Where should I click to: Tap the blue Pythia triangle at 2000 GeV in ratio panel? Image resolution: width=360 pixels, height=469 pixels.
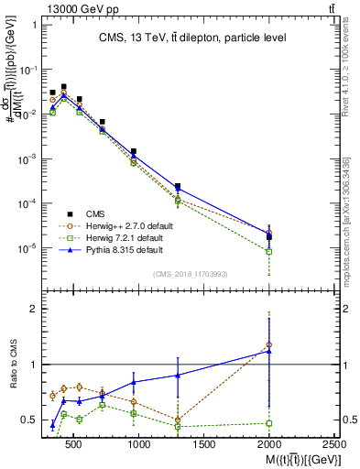[x=268, y=351]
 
